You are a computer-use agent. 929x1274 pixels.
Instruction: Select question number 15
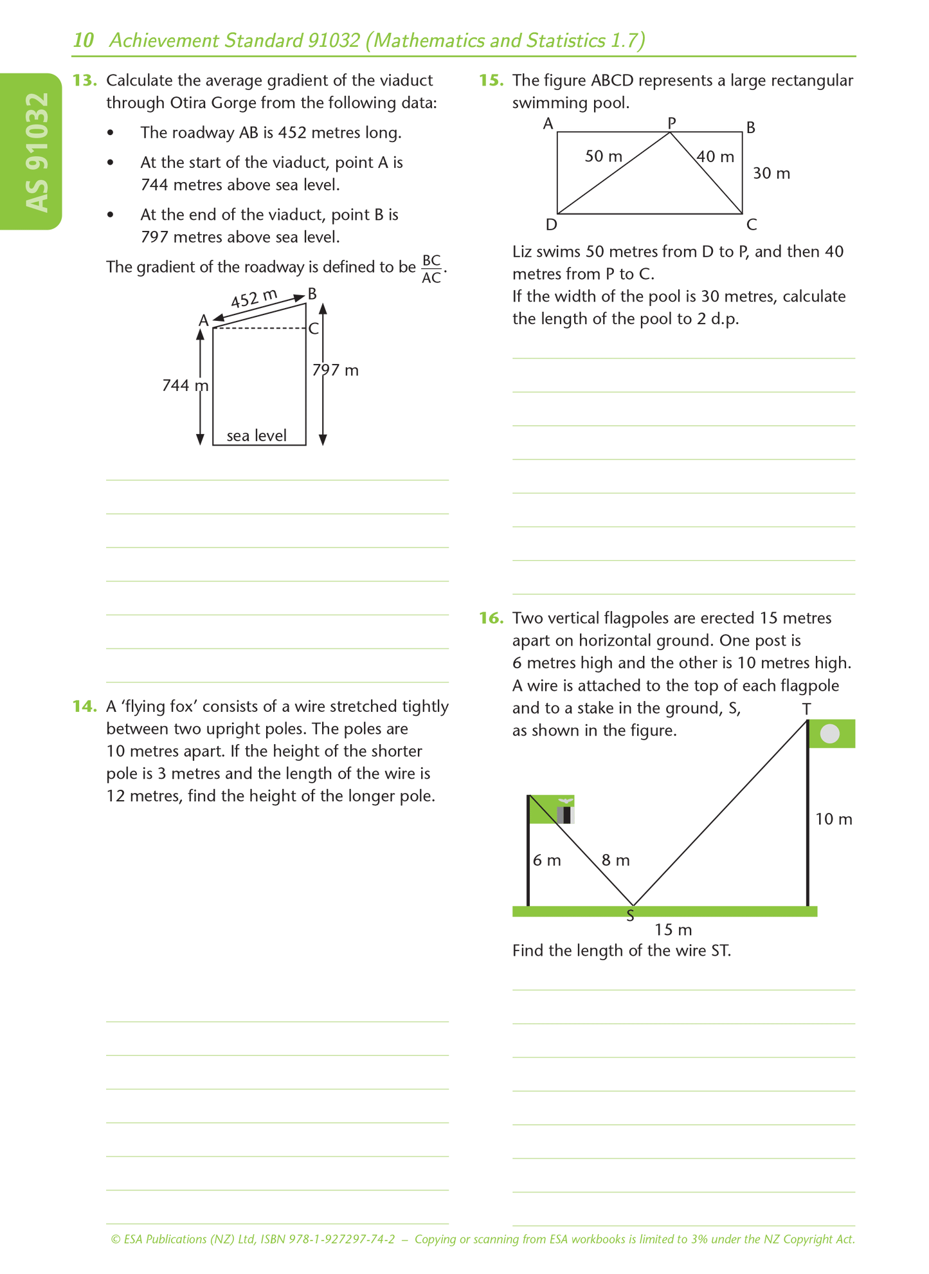click(491, 81)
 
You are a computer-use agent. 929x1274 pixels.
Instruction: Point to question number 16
click(491, 619)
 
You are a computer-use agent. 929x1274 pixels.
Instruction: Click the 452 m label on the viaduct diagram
click(254, 299)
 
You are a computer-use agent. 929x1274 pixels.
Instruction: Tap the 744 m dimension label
click(185, 385)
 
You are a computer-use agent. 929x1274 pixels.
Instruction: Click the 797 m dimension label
click(335, 370)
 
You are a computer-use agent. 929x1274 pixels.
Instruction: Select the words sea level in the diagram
click(257, 436)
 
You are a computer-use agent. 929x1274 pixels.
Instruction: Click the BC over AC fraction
click(431, 269)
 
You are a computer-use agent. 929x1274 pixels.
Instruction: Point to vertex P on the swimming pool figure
click(672, 122)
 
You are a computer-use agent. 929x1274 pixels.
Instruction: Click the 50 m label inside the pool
click(603, 156)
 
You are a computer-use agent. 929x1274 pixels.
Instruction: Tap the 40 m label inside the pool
click(716, 157)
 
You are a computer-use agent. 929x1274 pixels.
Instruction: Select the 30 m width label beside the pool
click(771, 174)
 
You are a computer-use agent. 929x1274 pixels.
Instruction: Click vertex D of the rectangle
click(551, 224)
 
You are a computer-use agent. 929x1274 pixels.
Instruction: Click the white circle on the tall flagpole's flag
click(830, 734)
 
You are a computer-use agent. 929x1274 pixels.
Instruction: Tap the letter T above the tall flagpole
click(806, 709)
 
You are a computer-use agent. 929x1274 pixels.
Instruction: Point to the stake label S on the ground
click(630, 915)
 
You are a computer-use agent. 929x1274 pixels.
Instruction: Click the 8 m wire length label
click(615, 860)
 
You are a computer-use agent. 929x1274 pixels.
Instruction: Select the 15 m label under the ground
click(673, 930)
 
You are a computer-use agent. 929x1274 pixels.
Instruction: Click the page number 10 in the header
click(83, 41)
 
